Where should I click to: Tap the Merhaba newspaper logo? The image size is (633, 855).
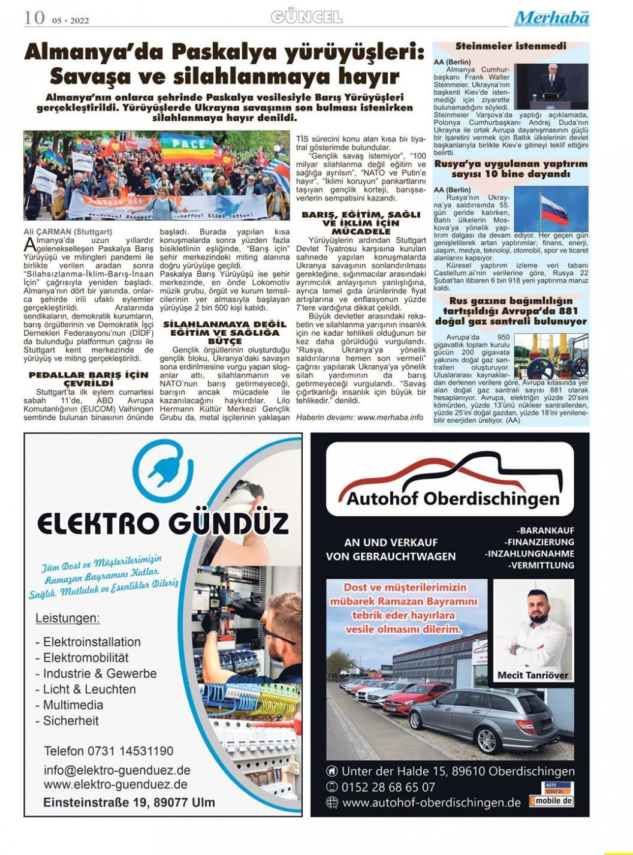tap(551, 19)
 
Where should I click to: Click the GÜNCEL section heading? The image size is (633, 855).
tap(306, 17)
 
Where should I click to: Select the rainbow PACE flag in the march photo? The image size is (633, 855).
tap(188, 149)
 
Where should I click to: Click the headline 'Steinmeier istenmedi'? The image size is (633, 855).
tap(511, 46)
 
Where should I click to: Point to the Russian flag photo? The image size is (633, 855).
tap(551, 209)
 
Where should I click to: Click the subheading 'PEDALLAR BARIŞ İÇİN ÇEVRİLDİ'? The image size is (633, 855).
tap(89, 379)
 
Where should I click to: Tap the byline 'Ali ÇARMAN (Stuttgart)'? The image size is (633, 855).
tap(68, 231)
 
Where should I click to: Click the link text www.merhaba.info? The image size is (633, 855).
tap(390, 417)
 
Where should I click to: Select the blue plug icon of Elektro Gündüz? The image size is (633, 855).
tap(162, 469)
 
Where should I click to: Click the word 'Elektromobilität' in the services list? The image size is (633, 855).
tap(86, 658)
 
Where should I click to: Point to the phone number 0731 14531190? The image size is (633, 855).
tap(108, 751)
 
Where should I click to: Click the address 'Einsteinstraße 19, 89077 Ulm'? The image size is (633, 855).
tap(129, 802)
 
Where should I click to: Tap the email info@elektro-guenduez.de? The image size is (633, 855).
tap(117, 770)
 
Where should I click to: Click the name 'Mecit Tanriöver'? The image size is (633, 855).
tap(533, 675)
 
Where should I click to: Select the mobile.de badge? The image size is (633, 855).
tap(551, 800)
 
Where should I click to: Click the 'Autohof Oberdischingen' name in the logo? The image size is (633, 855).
tap(453, 498)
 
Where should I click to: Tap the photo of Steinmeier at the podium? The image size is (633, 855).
tap(551, 86)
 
